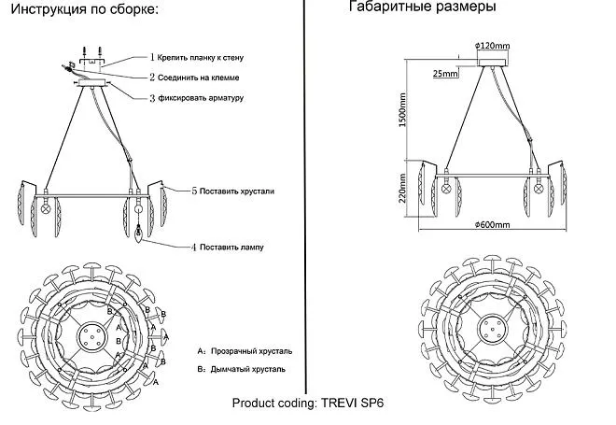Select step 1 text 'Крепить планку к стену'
205,58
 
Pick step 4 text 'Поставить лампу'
231,248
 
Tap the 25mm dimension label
445,73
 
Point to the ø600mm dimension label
492,225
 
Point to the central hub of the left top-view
93,333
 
